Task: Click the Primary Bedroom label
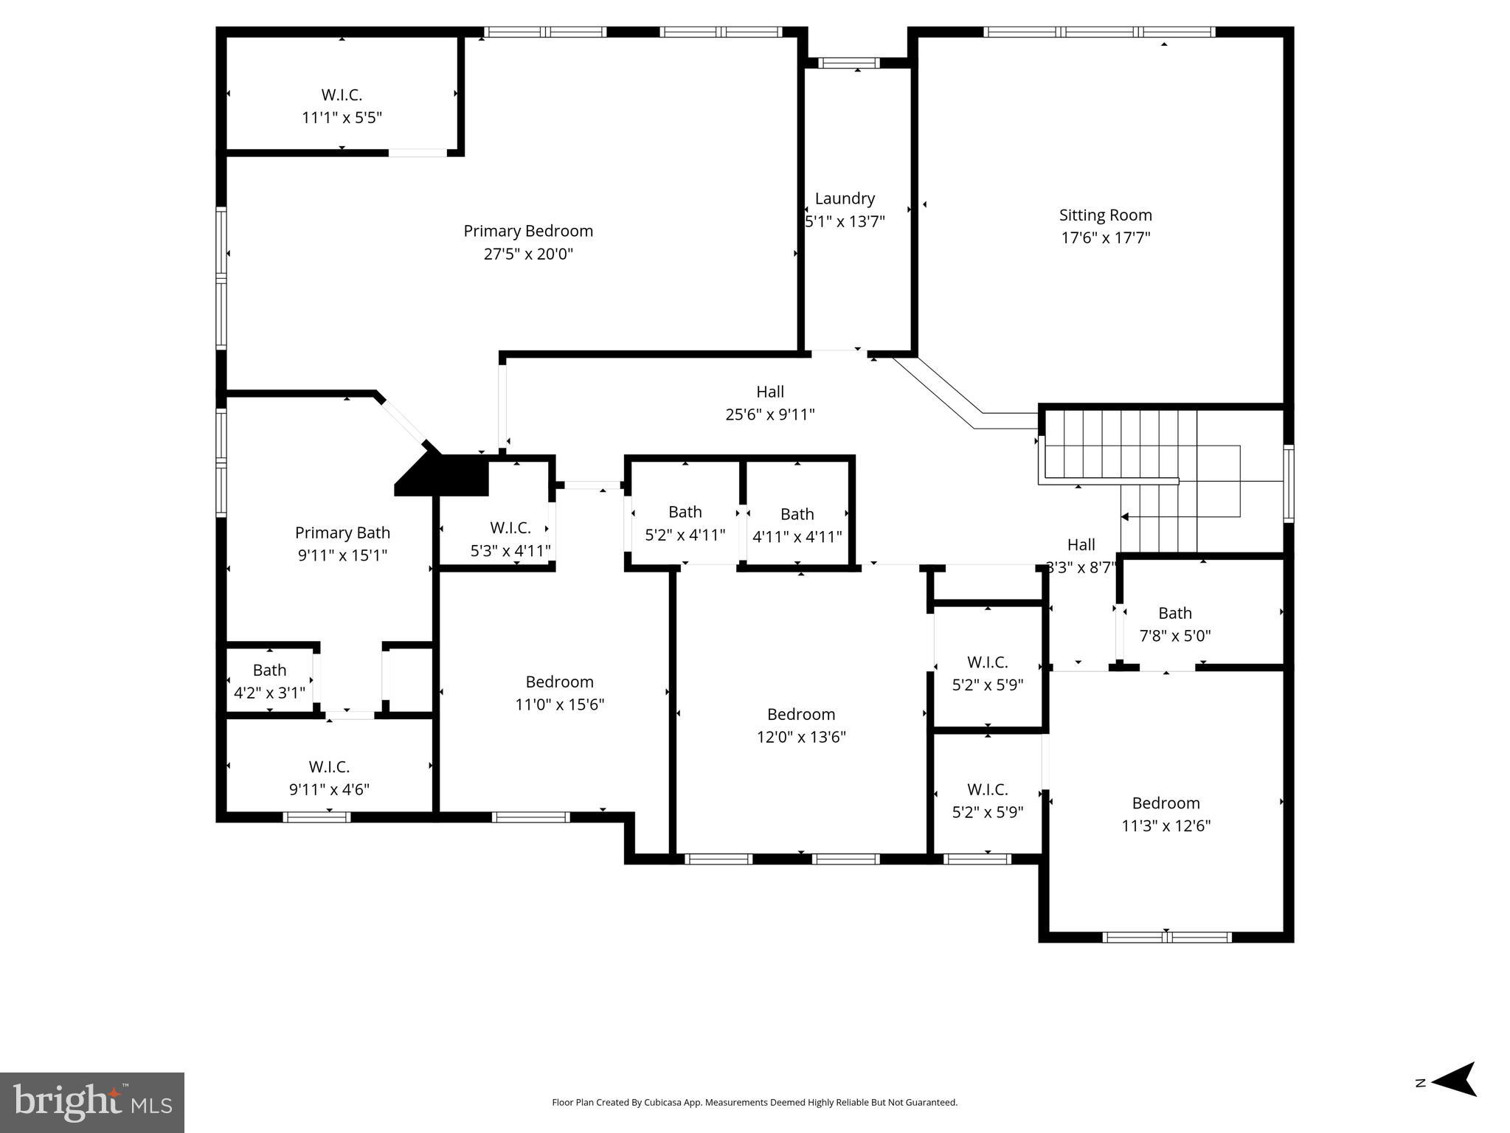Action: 528,231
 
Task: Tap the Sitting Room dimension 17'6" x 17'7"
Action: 1105,238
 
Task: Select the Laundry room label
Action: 845,198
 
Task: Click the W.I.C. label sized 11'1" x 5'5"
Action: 342,95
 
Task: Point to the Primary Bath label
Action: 342,533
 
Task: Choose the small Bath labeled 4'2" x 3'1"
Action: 269,670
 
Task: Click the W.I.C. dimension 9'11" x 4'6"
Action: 329,789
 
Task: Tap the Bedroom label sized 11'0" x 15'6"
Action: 559,682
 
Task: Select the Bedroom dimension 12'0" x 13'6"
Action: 801,737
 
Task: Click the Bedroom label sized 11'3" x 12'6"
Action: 1166,803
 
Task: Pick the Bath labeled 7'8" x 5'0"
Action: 1174,613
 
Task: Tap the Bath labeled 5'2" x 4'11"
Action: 685,512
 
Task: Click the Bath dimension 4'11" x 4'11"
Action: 797,536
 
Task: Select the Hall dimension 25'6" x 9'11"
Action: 769,415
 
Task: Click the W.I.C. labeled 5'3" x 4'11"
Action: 510,528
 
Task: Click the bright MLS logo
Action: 92,1102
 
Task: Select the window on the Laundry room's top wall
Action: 849,63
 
